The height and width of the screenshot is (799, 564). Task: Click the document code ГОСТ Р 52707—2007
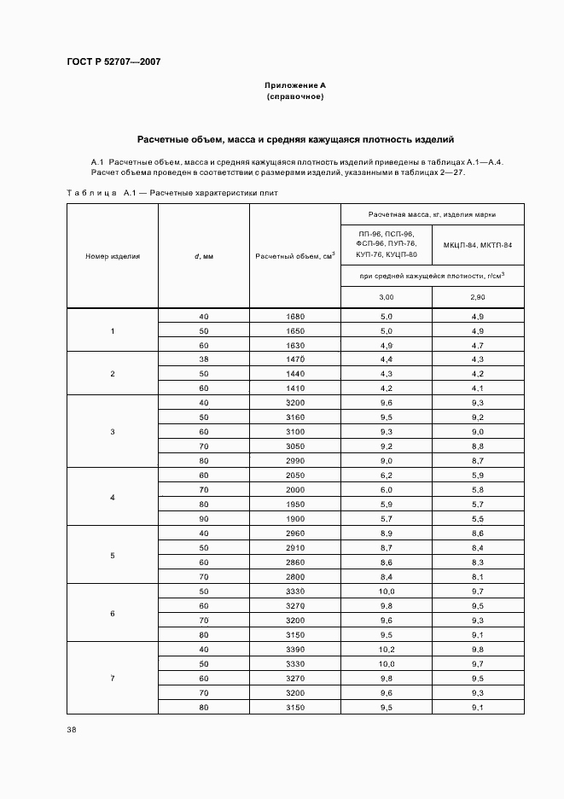coord(113,62)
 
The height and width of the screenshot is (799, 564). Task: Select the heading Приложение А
coord(294,86)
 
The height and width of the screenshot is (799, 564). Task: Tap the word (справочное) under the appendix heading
coord(294,97)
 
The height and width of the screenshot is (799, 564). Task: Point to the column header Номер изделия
coord(113,255)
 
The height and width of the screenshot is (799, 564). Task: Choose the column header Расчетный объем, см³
coord(294,255)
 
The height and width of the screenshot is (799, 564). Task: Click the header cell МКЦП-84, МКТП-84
coord(478,245)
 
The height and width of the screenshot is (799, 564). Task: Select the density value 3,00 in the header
coord(387,296)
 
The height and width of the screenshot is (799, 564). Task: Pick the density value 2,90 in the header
coord(478,296)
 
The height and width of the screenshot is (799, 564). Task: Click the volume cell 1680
coord(294,317)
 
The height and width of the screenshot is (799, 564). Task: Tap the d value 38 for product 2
coord(203,360)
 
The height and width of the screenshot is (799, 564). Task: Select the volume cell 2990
coord(294,460)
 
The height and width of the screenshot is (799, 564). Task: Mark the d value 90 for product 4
coord(203,518)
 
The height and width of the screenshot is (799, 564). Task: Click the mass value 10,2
coord(387,649)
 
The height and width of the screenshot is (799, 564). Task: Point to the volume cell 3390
coord(294,649)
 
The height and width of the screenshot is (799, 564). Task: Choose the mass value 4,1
coord(478,388)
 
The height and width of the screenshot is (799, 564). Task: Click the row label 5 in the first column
coord(113,556)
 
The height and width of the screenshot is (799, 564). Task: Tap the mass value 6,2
coord(387,475)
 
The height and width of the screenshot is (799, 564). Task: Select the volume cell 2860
coord(294,563)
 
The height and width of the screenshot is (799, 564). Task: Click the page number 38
coord(71,730)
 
